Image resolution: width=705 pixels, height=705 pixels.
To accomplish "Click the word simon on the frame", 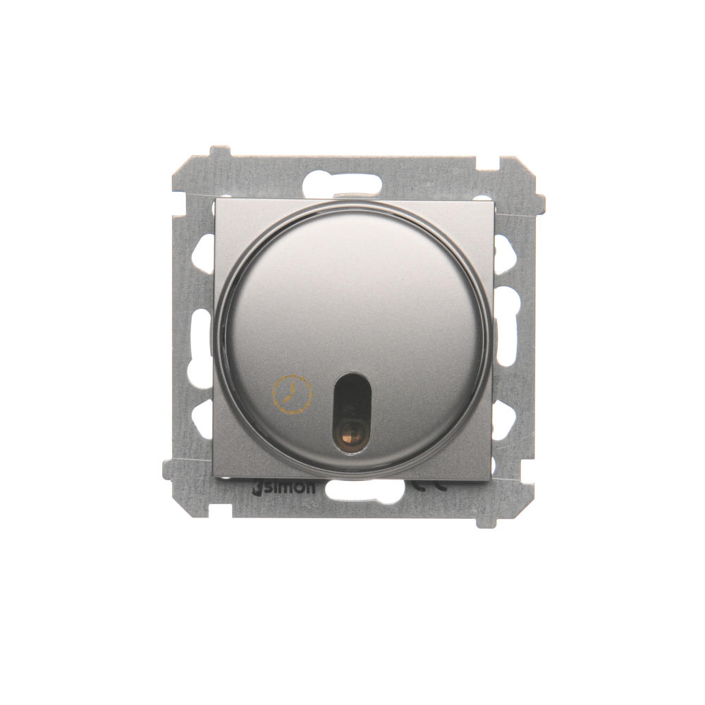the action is pos(289,489).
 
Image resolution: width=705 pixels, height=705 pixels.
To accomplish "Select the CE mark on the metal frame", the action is pos(429,486).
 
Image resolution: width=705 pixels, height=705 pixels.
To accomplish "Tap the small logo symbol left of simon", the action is pos(257,489).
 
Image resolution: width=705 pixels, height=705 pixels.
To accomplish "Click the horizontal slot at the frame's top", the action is pos(343,184).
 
